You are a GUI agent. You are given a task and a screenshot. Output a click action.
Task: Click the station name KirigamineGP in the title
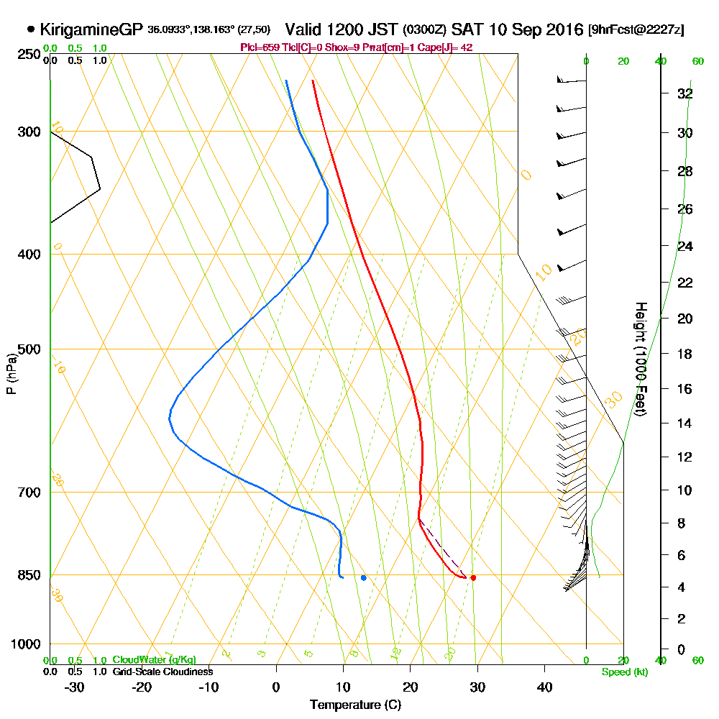(92, 29)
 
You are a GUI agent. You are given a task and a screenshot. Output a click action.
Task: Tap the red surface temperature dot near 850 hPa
(473, 577)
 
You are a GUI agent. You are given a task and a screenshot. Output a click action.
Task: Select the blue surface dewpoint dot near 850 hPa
(364, 577)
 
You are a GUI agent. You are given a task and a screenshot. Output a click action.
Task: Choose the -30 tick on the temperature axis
(75, 687)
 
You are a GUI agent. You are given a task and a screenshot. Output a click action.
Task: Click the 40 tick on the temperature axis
(544, 687)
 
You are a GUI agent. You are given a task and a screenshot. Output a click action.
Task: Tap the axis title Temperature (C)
(355, 705)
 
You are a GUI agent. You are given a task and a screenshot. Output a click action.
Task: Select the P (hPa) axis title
(11, 374)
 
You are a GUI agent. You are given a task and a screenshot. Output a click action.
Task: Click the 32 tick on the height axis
(685, 93)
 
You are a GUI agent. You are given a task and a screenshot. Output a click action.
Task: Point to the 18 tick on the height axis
(685, 354)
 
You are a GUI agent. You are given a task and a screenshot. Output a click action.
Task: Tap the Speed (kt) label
(623, 672)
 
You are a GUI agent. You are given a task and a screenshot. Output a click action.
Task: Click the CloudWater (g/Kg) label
(153, 660)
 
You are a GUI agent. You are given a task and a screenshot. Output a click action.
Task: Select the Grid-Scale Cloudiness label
(162, 672)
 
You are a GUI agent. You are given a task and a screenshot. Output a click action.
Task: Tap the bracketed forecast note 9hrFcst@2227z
(636, 30)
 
